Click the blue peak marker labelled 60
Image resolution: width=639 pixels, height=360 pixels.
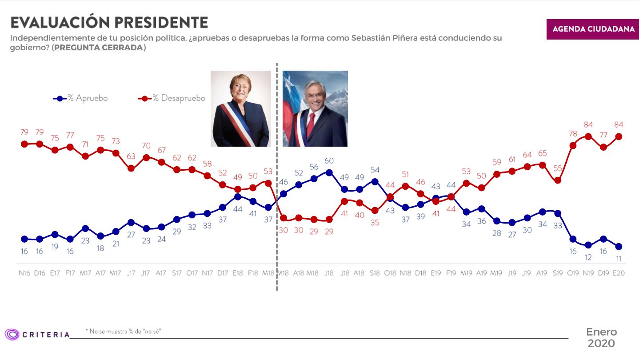pos(329,172)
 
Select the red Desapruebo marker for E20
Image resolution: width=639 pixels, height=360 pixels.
pos(619,137)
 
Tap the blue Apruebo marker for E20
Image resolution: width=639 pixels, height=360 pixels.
pos(619,246)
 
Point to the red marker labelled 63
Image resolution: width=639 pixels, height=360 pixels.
pos(131,168)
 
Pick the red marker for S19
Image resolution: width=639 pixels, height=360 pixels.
pos(558,180)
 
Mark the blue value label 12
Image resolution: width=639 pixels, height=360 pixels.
pos(588,257)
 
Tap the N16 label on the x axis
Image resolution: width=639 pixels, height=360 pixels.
pos(24,273)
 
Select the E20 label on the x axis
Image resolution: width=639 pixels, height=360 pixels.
pos(619,273)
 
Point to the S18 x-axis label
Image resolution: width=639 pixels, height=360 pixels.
pos(375,273)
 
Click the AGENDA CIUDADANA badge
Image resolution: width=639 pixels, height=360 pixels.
pos(592,29)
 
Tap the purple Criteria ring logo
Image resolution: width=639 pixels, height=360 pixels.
pos(12,334)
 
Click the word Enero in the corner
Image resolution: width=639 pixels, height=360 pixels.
pos(601,332)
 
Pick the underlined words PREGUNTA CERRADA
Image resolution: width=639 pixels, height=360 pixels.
pos(98,48)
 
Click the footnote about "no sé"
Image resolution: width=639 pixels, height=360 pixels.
pos(123,331)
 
